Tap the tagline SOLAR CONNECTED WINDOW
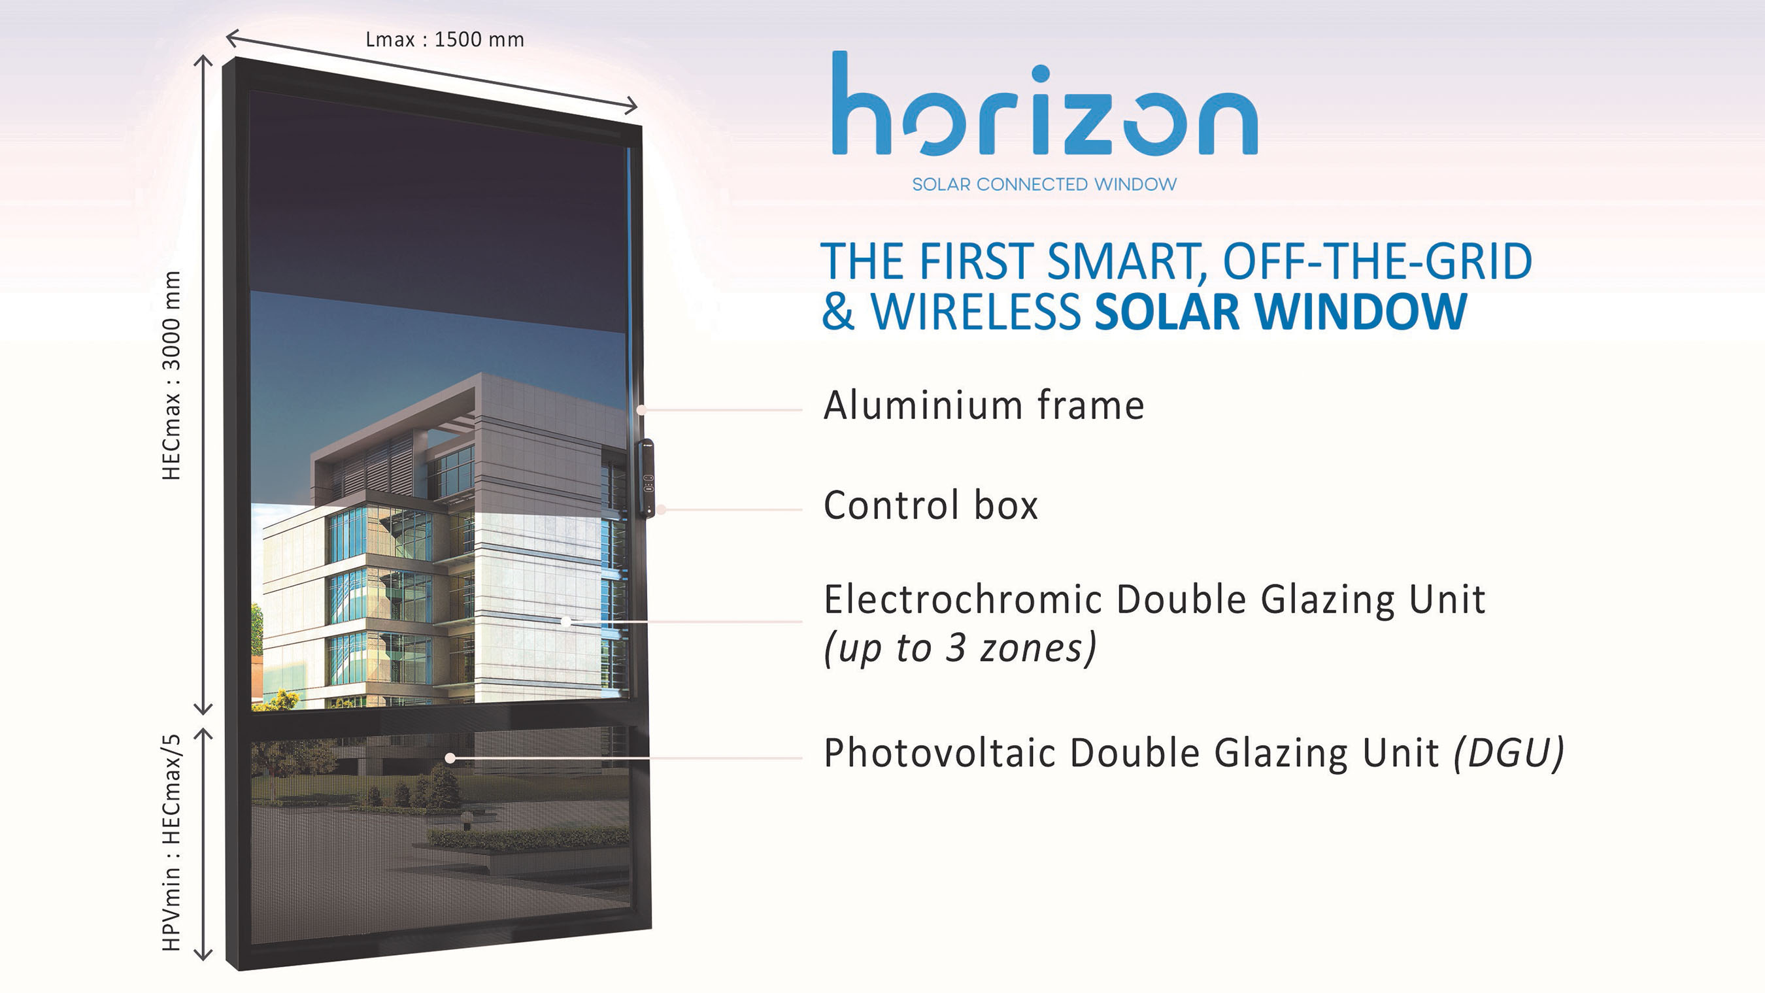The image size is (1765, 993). (x=1044, y=184)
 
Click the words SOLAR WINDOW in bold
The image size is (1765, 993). (x=1281, y=312)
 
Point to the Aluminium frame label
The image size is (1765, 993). (x=984, y=405)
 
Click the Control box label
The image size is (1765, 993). (x=930, y=505)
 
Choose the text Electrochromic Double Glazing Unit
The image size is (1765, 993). (x=1154, y=599)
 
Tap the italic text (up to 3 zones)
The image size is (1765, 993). (x=960, y=648)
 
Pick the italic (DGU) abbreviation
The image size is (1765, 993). (x=1509, y=753)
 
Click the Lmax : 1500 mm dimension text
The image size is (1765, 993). (x=445, y=40)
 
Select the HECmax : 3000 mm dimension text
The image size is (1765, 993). (x=171, y=375)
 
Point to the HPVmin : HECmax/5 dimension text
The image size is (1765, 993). (x=171, y=843)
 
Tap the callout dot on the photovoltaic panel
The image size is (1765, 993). (x=450, y=758)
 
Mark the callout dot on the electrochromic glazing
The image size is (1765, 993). (x=566, y=621)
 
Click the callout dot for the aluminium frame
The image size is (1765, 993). (x=641, y=410)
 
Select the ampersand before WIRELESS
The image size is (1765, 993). (x=838, y=312)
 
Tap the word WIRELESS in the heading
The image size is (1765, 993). (x=976, y=312)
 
